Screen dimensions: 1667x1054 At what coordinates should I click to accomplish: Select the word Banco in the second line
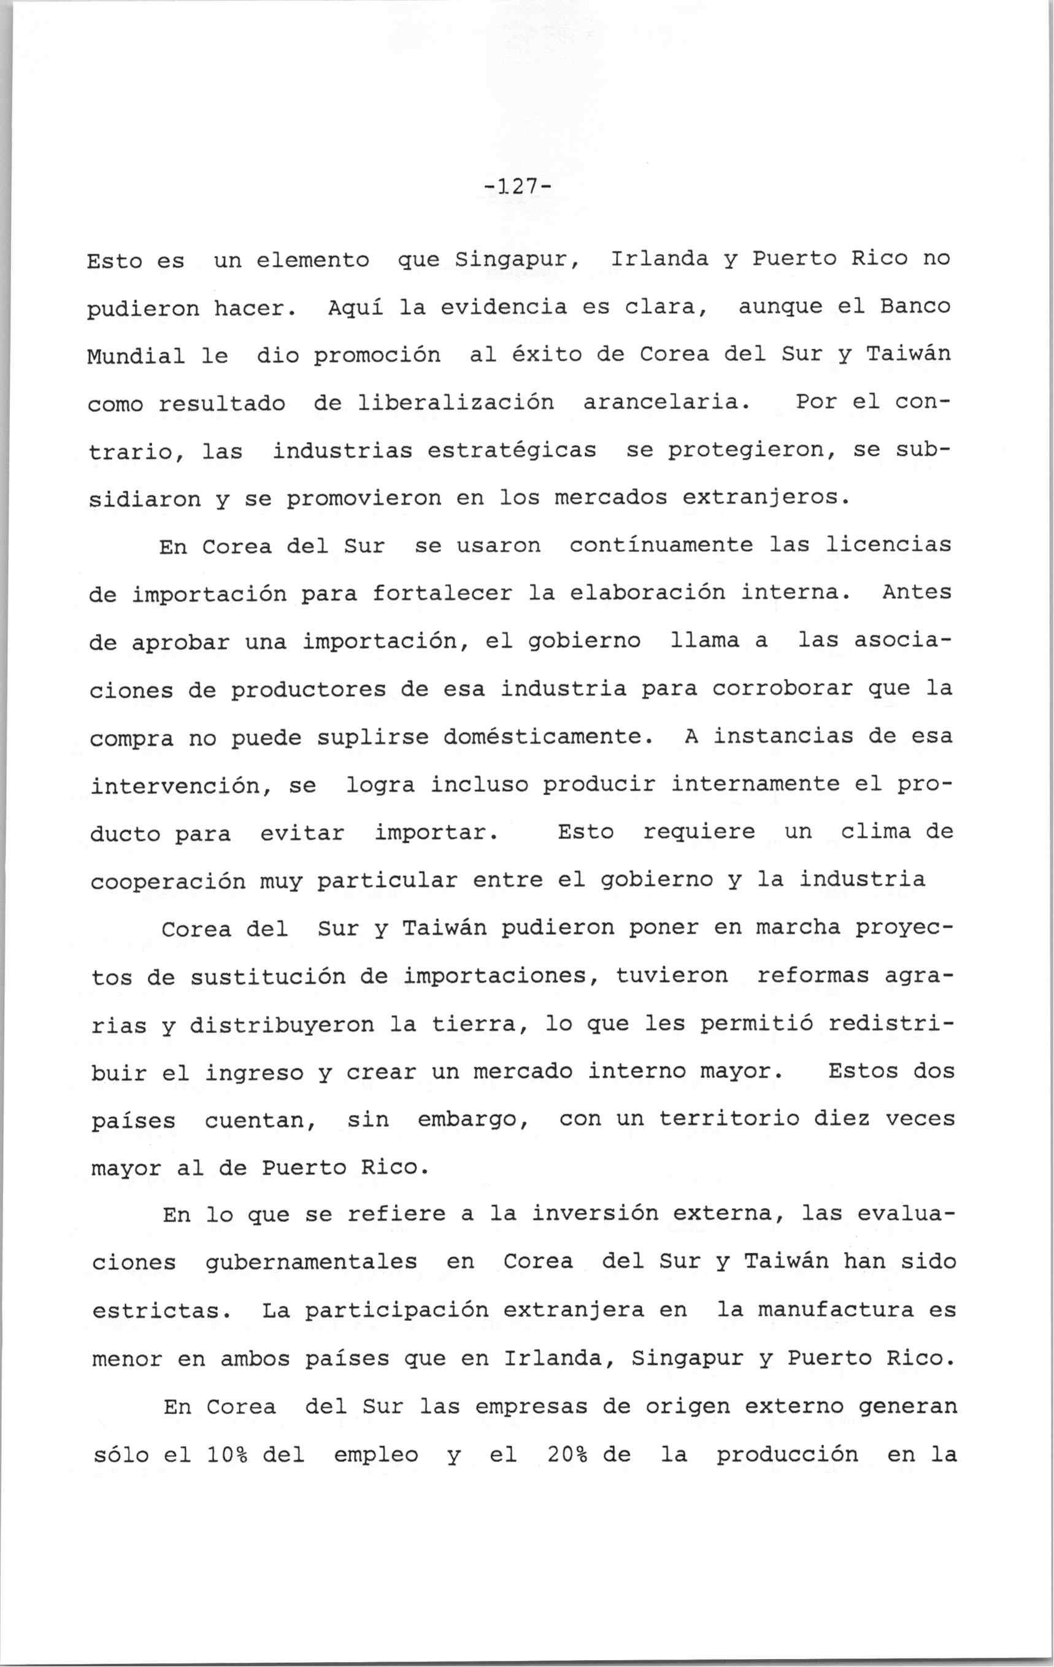point(914,306)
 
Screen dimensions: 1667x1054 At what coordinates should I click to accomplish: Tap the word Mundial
point(136,356)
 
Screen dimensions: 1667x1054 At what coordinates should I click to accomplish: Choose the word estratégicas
point(512,451)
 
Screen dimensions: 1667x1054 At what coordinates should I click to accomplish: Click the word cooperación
point(167,881)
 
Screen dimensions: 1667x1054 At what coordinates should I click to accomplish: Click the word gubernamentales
point(312,1263)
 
